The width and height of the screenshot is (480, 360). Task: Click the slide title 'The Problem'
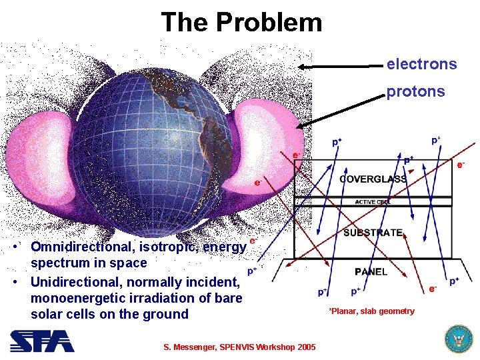click(241, 23)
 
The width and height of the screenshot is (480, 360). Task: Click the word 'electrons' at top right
click(421, 64)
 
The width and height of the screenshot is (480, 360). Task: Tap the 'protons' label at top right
click(415, 91)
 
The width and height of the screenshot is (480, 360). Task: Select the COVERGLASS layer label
click(373, 179)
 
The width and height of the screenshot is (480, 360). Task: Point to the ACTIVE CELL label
click(373, 201)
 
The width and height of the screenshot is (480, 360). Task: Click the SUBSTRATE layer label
click(373, 233)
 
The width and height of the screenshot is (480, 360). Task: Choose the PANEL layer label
click(371, 271)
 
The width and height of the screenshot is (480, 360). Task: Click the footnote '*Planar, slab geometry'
click(371, 311)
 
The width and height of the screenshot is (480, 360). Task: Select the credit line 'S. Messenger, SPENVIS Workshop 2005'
click(240, 347)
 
